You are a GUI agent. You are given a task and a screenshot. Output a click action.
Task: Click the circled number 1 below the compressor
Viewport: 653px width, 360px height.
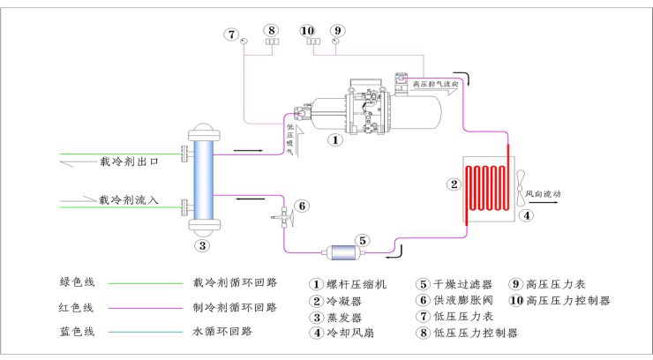334,139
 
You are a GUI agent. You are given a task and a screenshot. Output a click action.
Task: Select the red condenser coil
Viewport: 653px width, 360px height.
484,186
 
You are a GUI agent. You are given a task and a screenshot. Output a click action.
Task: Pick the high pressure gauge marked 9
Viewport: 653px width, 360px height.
336,40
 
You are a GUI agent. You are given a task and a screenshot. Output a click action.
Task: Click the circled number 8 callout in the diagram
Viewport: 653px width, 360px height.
272,29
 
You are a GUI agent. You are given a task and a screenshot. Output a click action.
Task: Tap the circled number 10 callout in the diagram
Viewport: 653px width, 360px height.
308,29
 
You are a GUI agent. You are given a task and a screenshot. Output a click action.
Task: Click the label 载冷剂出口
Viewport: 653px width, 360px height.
129,162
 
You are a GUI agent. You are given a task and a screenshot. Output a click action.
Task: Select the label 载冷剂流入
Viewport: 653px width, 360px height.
129,200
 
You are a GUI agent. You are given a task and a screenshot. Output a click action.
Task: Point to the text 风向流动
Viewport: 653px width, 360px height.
544,193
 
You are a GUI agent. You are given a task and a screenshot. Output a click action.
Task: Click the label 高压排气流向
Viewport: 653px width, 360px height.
437,84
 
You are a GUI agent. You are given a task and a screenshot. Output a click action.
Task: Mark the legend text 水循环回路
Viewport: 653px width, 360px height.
222,332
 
